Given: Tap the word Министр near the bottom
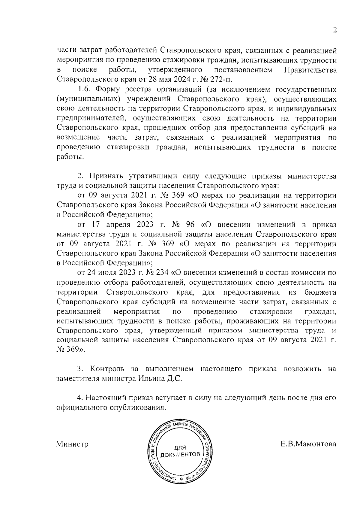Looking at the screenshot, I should pos(72,444).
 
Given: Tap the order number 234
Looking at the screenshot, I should pos(162,273).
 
